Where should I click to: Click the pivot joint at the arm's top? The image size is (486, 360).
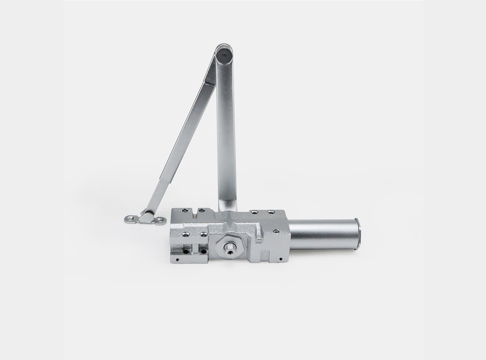pyautogui.click(x=224, y=55)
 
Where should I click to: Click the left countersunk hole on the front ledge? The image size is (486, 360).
pyautogui.click(x=186, y=234)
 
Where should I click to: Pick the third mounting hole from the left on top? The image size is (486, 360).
pyautogui.click(x=255, y=212)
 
